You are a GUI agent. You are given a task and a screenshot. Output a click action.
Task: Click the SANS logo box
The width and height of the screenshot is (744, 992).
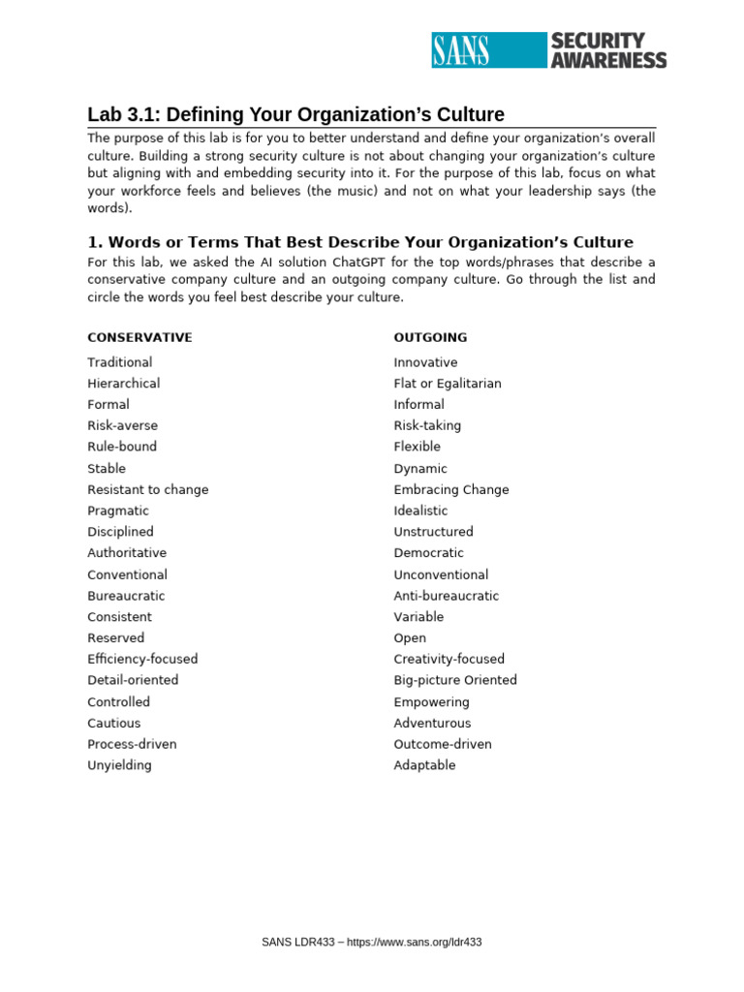(x=488, y=49)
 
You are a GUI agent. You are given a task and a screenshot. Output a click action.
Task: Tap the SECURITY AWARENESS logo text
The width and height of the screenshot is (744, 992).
(x=607, y=49)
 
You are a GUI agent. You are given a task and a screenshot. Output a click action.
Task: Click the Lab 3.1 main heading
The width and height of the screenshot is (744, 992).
(x=295, y=114)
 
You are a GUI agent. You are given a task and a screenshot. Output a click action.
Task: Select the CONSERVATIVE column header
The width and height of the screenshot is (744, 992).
(x=139, y=338)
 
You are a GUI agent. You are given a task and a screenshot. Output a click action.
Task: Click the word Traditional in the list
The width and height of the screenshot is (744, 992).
(x=119, y=362)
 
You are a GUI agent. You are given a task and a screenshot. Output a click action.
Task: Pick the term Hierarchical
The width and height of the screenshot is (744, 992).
(x=124, y=384)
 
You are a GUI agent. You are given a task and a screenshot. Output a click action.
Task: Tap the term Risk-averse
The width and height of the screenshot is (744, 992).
(x=122, y=426)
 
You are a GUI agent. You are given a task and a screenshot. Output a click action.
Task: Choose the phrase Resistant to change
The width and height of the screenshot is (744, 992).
(x=147, y=490)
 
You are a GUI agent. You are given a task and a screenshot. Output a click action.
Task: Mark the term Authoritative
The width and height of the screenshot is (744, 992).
(x=127, y=553)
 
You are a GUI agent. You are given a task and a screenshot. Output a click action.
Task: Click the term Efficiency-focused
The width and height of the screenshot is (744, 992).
(x=142, y=660)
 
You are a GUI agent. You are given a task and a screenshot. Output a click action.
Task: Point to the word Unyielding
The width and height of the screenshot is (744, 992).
(x=119, y=765)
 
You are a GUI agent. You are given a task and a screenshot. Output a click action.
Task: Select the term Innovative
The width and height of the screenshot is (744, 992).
(x=425, y=362)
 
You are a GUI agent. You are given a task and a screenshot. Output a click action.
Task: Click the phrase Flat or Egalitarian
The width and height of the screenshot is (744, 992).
(x=448, y=384)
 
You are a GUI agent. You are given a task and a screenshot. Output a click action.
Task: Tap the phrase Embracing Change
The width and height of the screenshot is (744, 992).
(x=450, y=490)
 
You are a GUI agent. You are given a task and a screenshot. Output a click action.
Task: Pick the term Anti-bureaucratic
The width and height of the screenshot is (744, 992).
(x=447, y=597)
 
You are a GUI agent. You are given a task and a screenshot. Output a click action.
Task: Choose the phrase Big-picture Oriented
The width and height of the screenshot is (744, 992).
(x=455, y=681)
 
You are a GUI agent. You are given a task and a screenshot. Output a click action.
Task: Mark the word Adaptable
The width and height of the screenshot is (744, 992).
(x=424, y=765)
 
